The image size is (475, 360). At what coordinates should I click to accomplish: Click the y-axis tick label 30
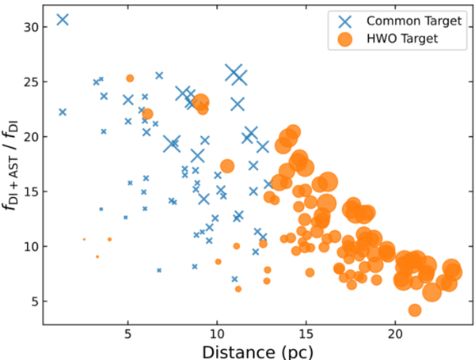pos(30,26)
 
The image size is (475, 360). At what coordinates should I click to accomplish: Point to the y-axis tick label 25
pos(30,81)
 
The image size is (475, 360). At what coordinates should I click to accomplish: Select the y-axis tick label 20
pos(30,136)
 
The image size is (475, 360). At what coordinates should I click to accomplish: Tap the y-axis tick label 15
pos(30,191)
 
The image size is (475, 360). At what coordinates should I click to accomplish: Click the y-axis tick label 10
pos(30,246)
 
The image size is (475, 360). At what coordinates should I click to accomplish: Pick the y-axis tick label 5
pos(33,301)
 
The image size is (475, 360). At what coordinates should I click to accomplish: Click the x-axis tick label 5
pos(127,335)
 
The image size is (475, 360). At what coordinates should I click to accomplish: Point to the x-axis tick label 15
pos(306,335)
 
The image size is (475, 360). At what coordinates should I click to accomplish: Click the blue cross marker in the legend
pos(345,21)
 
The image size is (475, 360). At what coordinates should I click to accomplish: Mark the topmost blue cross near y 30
pos(63,20)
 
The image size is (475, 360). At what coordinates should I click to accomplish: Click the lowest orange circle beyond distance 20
pos(414,309)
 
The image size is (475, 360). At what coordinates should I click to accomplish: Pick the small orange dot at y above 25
pos(130,78)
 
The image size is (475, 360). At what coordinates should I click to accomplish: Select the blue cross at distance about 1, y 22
pos(63,112)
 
